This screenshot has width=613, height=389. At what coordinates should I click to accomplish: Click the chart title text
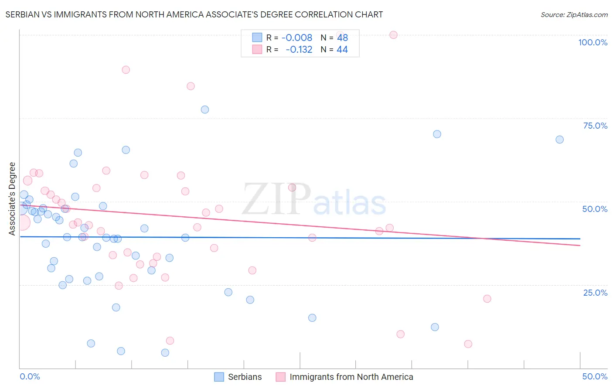coord(194,14)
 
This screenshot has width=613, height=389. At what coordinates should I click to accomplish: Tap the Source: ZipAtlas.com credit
coord(574,14)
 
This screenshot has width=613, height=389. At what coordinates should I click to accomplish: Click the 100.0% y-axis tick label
coord(593,42)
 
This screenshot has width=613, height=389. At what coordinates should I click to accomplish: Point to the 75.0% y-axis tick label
coord(595,126)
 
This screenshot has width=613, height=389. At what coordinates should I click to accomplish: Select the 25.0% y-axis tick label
coord(595,293)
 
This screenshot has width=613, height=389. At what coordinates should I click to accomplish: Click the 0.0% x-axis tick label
coord(30,376)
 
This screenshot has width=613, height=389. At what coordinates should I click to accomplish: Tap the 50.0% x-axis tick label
coord(595,376)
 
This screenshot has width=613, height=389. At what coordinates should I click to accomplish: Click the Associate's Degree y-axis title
coord(12,198)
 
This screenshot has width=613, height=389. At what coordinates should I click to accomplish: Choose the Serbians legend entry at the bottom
coord(238,377)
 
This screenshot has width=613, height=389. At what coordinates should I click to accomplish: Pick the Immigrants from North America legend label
coord(344,377)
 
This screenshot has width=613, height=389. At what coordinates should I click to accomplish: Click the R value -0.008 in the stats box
coord(296,38)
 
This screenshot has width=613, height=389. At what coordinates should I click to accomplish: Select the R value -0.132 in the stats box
coord(299,50)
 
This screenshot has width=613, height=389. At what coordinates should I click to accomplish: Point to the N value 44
coord(342,50)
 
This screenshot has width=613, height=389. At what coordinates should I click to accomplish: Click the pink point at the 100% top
coord(393,35)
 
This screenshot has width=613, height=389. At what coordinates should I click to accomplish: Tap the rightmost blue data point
coord(559,140)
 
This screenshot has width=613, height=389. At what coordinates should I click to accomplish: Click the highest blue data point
coord(205,109)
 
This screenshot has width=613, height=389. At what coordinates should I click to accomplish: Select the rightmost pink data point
coord(487,299)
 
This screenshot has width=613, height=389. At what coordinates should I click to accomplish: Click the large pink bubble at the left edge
coord(22,222)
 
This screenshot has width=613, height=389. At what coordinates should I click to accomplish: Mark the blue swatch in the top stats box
coord(257,38)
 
